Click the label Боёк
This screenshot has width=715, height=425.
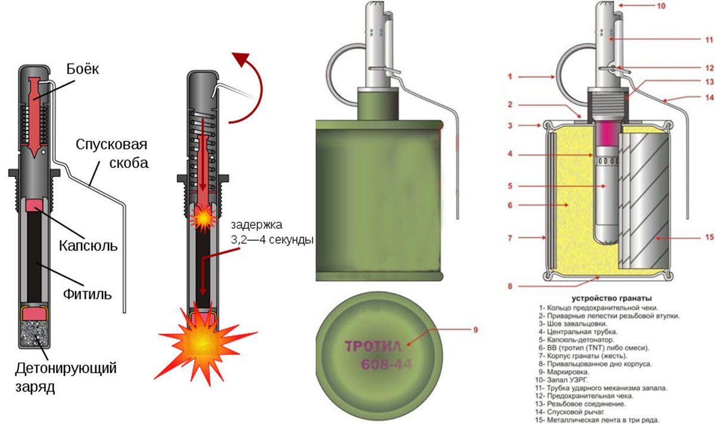tap(83, 69)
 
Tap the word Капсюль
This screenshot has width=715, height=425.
tap(88, 246)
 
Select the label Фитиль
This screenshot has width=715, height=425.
tap(88, 294)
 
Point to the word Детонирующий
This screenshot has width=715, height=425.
tap(66, 368)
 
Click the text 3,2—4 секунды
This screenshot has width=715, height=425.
tap(272, 240)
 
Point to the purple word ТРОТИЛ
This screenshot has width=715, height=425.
tap(373, 346)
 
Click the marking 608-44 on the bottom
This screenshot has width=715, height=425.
tap(386, 364)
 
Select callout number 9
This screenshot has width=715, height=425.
tap(475, 330)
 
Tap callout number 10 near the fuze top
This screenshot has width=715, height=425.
tap(661, 6)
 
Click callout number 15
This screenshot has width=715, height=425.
tap(709, 237)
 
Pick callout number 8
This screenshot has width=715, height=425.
tap(510, 287)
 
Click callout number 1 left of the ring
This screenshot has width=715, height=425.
tap(510, 77)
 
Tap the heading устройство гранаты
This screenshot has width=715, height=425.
tap(611, 299)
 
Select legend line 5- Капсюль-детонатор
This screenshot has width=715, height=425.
tap(576, 340)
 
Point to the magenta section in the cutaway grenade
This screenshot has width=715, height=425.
tap(607, 134)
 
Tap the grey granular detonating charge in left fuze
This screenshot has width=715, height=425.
tap(35, 334)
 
